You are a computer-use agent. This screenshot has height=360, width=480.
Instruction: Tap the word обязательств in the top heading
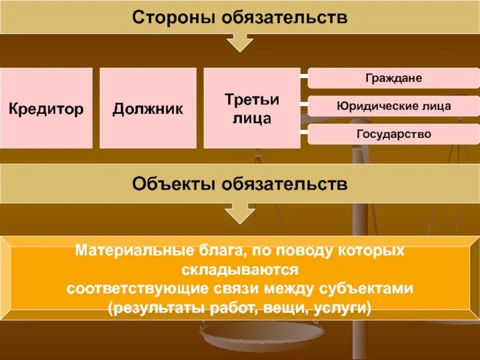(284, 17)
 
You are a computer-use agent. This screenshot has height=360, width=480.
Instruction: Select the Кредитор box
(46, 109)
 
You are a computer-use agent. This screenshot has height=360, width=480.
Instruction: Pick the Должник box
(148, 109)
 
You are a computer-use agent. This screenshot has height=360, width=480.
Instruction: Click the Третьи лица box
(252, 108)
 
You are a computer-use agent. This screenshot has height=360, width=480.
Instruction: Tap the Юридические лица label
(394, 106)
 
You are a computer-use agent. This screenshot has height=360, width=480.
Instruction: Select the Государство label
(394, 133)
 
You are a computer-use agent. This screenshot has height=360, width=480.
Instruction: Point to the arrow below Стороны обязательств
(240, 42)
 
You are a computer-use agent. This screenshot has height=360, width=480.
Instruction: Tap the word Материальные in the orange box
(127, 250)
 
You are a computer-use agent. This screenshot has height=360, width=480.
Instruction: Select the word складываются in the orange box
(240, 269)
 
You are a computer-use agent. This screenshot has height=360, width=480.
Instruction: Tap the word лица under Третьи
(252, 118)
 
